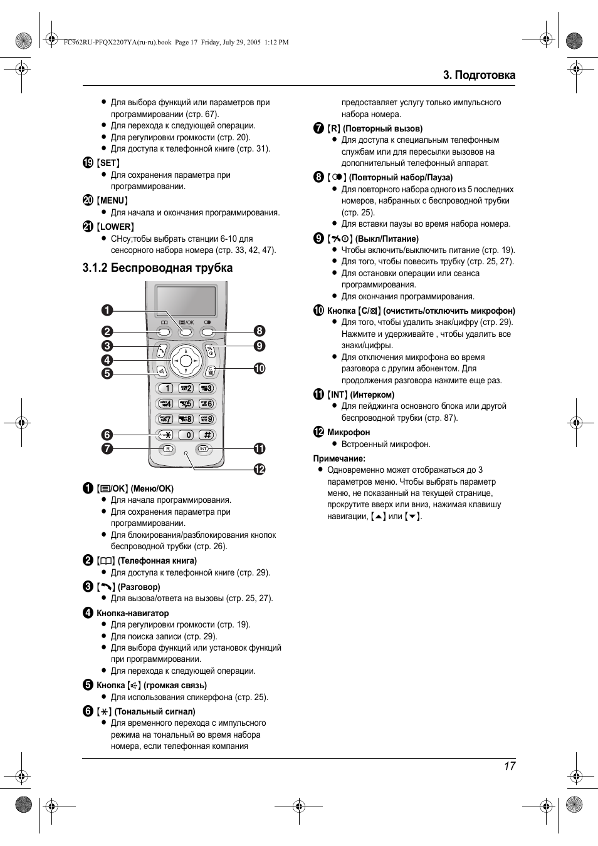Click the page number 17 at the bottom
509,766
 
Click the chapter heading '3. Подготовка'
479,75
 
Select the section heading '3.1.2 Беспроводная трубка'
157,268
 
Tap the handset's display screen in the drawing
186,302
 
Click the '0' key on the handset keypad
187,435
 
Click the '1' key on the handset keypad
165,388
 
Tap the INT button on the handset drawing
204,449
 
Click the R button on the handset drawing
167,449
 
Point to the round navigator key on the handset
186,360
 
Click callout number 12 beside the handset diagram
260,469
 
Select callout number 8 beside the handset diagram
260,331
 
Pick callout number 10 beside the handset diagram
260,368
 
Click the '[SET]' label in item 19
108,163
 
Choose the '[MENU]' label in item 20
113,200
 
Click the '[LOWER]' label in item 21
116,227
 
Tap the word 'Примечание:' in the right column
339,458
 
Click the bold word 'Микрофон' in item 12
349,432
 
